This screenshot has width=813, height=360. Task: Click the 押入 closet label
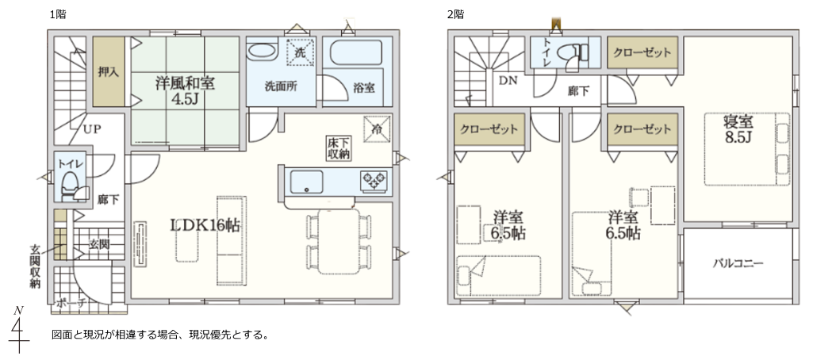109,72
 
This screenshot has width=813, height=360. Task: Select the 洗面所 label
281,86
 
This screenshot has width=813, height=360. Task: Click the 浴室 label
365,87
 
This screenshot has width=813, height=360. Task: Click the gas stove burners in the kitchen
374,181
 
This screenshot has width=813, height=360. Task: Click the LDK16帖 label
205,225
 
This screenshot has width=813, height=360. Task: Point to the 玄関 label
98,244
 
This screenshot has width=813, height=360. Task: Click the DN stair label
508,80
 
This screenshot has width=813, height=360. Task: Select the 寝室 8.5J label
738,129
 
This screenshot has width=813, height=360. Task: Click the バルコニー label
738,263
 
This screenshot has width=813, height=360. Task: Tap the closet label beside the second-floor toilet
642,53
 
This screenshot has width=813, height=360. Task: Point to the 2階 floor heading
455,14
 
